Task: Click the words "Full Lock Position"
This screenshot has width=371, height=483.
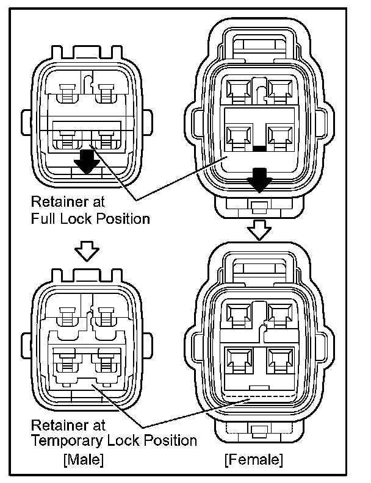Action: click(90, 218)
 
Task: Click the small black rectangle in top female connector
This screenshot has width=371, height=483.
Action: click(259, 148)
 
